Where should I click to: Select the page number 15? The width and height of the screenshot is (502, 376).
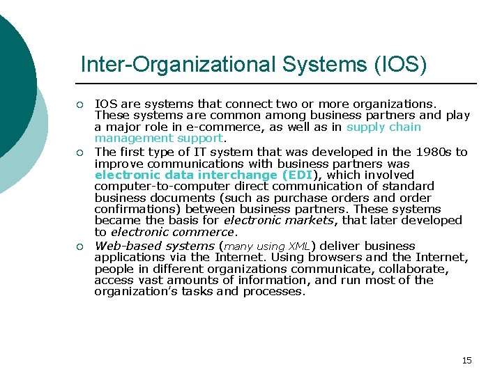466,360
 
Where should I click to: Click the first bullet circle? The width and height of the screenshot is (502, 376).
79,105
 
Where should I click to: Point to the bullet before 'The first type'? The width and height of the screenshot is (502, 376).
79,152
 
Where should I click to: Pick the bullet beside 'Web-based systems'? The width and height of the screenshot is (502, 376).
79,246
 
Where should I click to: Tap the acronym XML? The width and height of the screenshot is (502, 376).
298,246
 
